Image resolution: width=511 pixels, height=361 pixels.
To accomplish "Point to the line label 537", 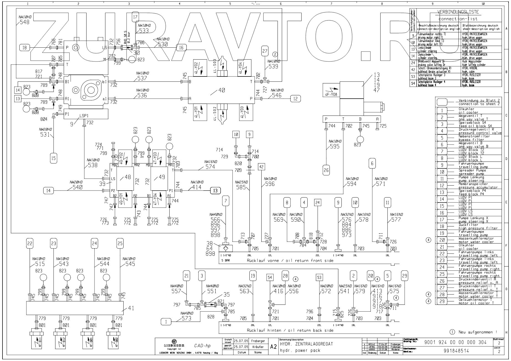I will pyautogui.click(x=142, y=78).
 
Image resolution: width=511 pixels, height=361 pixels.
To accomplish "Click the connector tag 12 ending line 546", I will pyautogui.click(x=295, y=98).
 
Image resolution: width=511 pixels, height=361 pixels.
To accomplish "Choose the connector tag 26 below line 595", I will pyautogui.click(x=326, y=170).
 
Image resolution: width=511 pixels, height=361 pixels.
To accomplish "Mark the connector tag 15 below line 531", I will pyautogui.click(x=53, y=158).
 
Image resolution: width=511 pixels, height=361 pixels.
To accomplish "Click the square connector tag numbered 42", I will pyautogui.click(x=262, y=167).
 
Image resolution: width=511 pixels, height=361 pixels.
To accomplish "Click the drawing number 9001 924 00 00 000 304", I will pyautogui.click(x=455, y=342).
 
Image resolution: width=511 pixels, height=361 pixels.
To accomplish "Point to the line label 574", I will pyautogui.click(x=210, y=167).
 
